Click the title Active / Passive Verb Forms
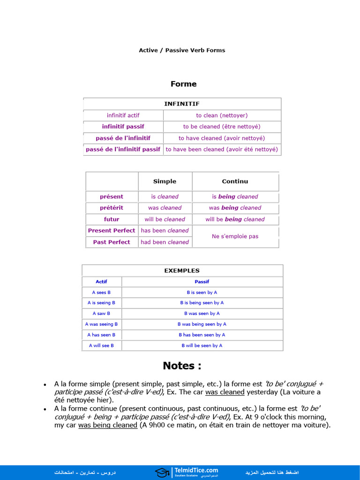click(x=182, y=50)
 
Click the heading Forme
click(x=183, y=84)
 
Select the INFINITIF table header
click(x=182, y=104)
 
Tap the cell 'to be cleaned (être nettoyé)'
click(x=222, y=127)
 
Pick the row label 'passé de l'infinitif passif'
click(x=123, y=150)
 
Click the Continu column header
click(x=235, y=181)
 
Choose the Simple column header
click(x=165, y=181)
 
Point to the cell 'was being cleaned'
click(x=235, y=208)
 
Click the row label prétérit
click(x=112, y=208)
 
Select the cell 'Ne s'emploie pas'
click(x=235, y=236)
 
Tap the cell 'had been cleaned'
click(x=165, y=242)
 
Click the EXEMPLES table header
click(x=182, y=270)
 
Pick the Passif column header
click(x=202, y=282)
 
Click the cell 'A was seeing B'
click(x=101, y=324)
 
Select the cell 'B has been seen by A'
click(x=202, y=335)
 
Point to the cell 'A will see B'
click(x=101, y=345)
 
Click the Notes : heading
click(x=182, y=366)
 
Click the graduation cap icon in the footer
click(x=162, y=472)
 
